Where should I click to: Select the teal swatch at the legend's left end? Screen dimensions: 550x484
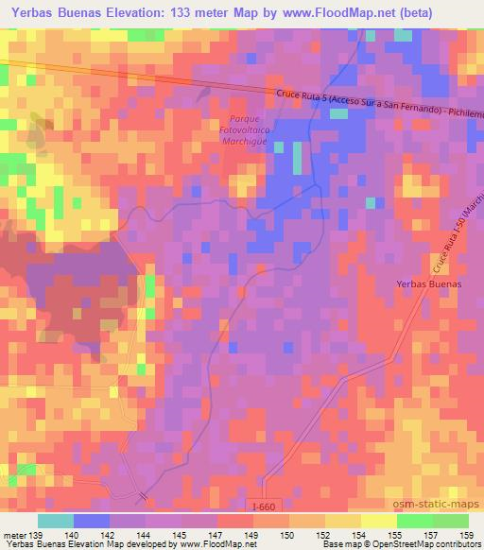coord(56,521)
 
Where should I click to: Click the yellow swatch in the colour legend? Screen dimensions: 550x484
coord(379,521)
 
